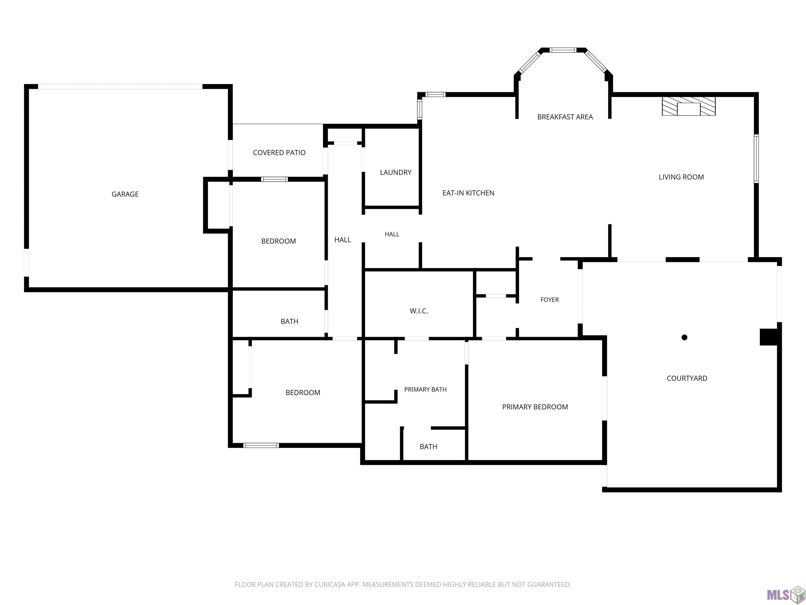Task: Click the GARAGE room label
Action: tap(125, 194)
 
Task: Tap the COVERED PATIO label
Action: tap(279, 153)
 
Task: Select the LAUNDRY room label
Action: tap(396, 172)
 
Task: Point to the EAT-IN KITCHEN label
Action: tap(468, 193)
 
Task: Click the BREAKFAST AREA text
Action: tap(565, 117)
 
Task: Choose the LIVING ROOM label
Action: tap(681, 177)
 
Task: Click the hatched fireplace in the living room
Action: tap(689, 106)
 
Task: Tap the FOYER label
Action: tap(549, 300)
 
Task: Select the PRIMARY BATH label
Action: tap(425, 389)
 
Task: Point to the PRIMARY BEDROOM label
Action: tap(535, 407)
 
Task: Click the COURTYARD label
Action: tap(687, 378)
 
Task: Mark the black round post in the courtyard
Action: tap(684, 337)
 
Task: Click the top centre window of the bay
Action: tap(563, 50)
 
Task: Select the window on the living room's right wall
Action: tap(756, 158)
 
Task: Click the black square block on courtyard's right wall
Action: tap(769, 337)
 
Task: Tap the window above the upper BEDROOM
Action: tap(274, 179)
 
